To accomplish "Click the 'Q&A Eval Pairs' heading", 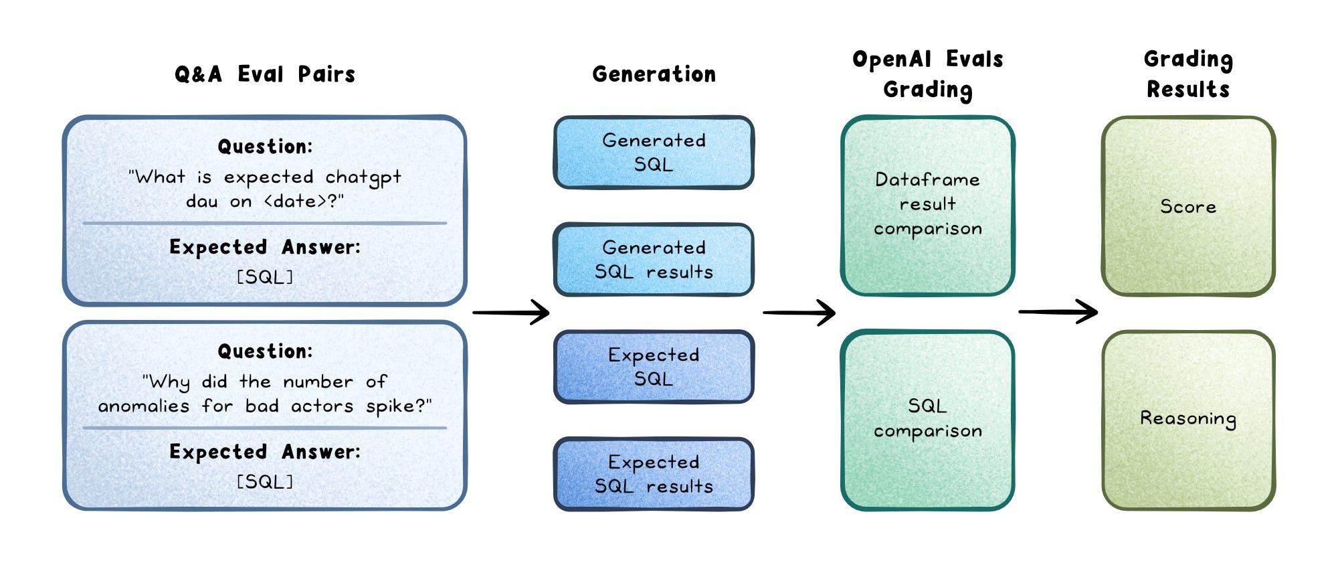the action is [x=265, y=74].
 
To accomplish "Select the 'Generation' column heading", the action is [x=654, y=74].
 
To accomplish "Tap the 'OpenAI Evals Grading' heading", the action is [x=928, y=74].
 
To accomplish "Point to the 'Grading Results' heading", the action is [x=1188, y=74].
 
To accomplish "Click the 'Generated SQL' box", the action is [x=654, y=153].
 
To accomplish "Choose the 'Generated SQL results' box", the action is [x=654, y=260].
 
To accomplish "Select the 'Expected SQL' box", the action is [x=654, y=367].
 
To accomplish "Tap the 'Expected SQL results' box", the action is [x=654, y=474].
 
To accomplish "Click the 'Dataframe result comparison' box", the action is [x=928, y=206].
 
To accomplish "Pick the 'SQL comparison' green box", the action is [x=928, y=420].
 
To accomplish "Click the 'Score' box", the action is [x=1188, y=206].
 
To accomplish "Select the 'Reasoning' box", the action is [x=1188, y=420].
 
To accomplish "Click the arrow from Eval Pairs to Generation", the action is [x=511, y=312].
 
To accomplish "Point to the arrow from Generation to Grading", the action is [x=799, y=312].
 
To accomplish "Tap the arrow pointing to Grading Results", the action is [x=1058, y=311].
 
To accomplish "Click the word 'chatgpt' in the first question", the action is [x=363, y=177].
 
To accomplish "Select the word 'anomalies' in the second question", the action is [x=144, y=406].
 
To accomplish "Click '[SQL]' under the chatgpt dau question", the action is [x=265, y=277].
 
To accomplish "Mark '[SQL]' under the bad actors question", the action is [x=265, y=482].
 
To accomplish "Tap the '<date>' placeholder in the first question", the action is [x=294, y=201].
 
